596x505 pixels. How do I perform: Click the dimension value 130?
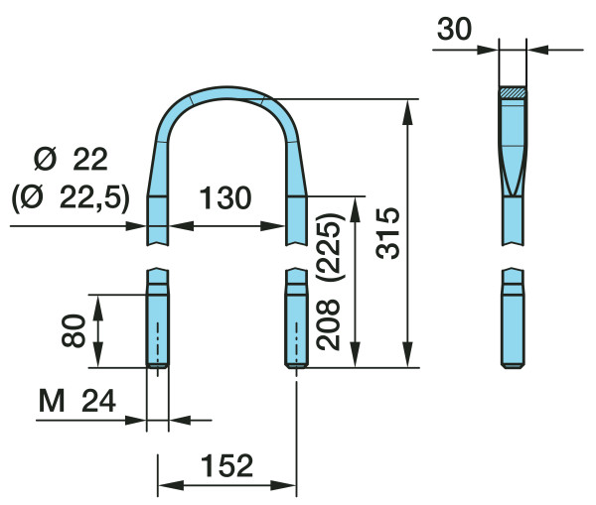[225, 197]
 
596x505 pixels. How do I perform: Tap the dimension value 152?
[226, 465]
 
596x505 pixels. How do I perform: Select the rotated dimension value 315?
[388, 233]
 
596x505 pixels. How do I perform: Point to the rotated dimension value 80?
[74, 330]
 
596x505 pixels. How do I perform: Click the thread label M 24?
[77, 402]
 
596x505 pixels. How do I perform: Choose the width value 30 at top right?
[454, 29]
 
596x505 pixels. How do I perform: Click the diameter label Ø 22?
[71, 160]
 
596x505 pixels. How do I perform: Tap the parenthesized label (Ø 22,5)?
[71, 198]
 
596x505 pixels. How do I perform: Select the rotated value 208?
[328, 324]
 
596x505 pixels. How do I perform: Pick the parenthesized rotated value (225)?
[330, 247]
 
